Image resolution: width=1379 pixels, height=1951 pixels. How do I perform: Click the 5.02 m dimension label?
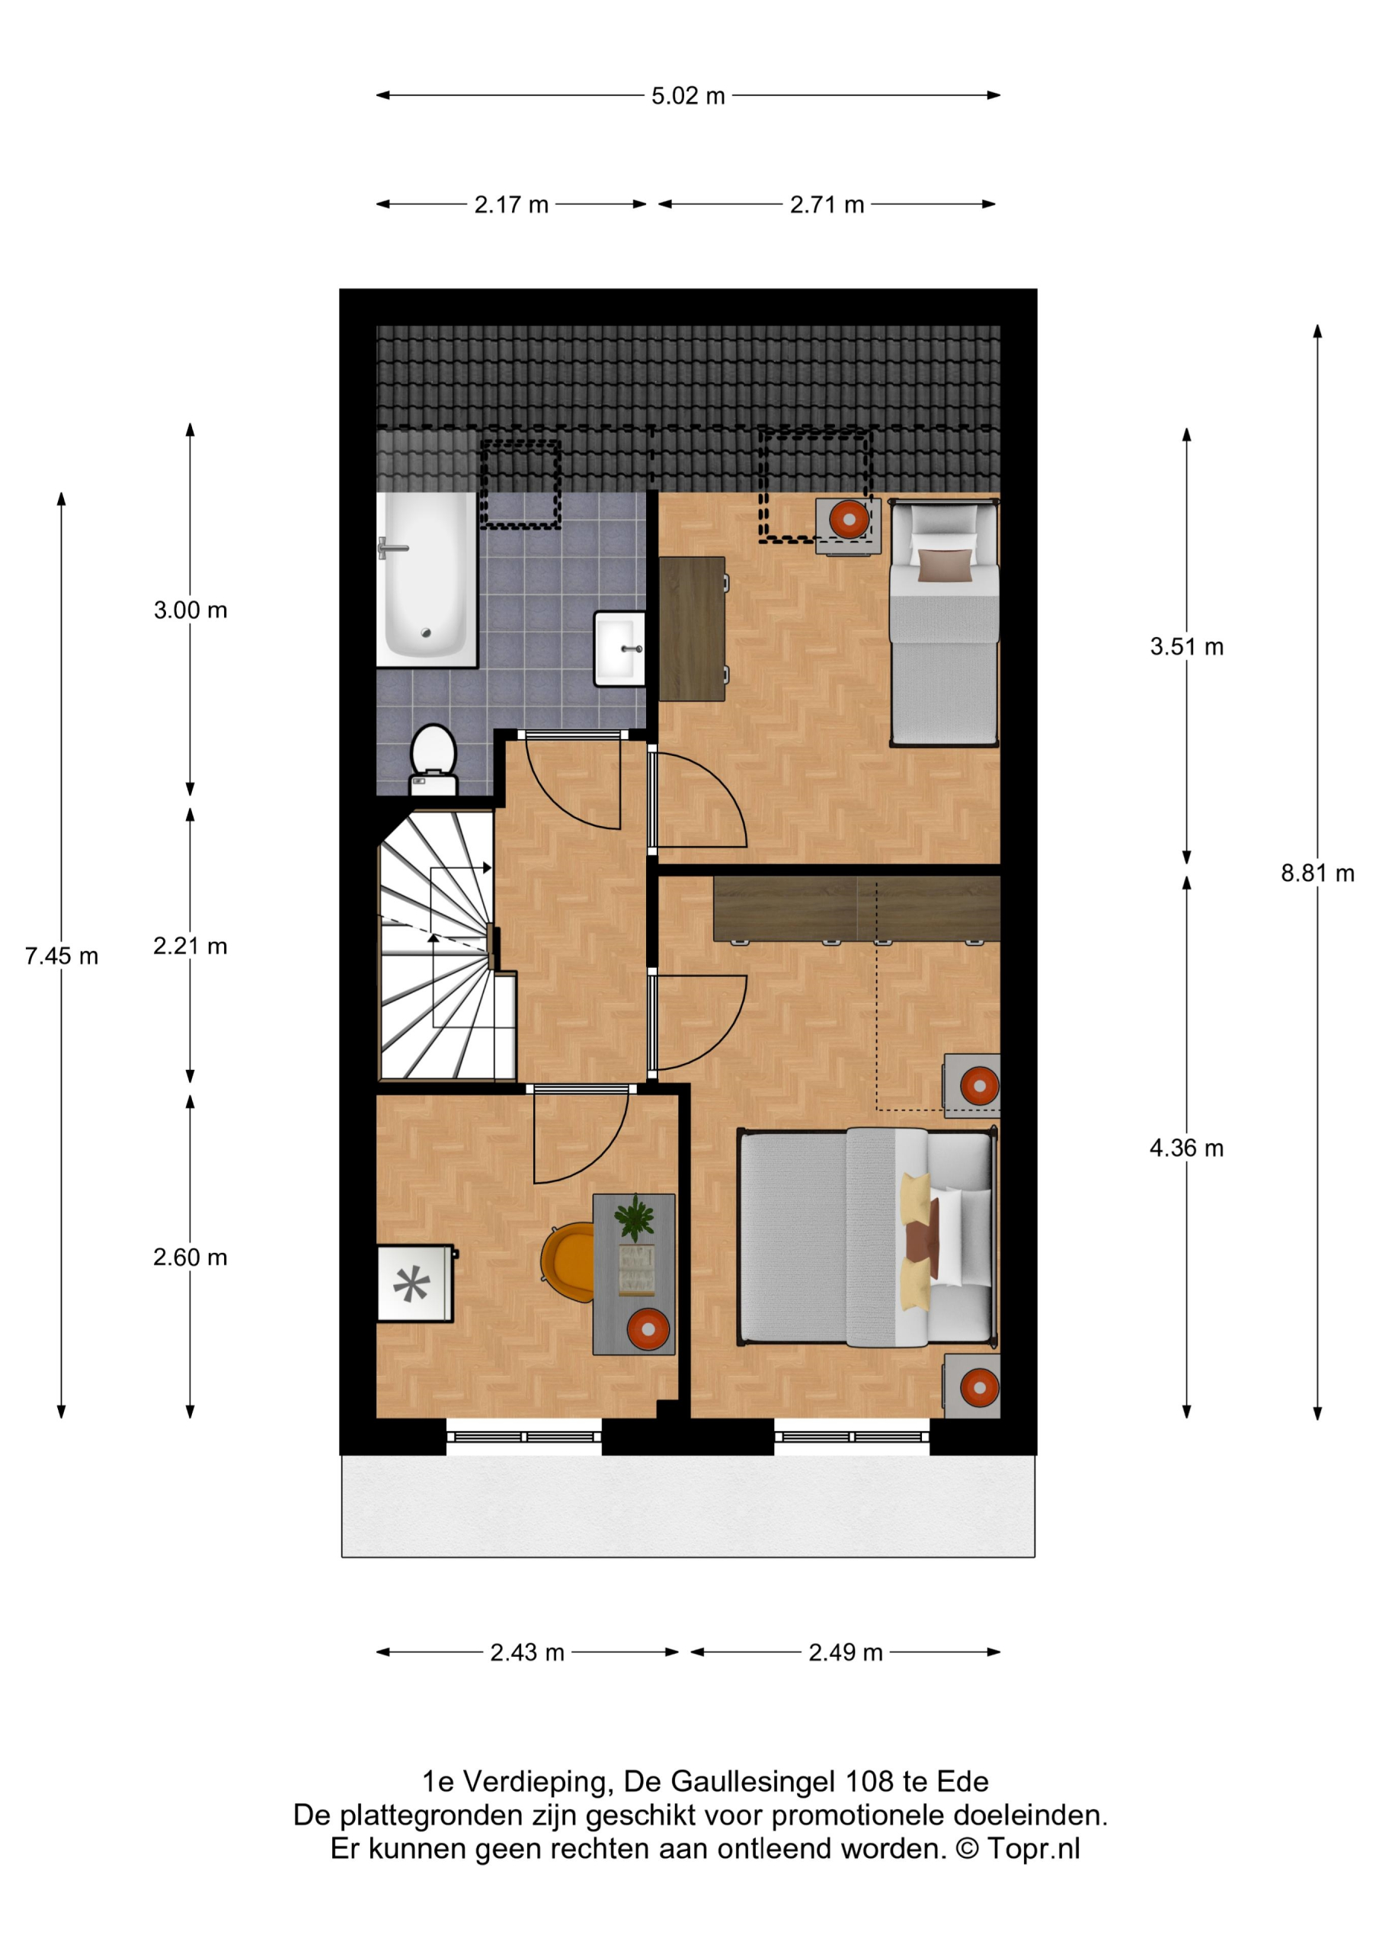coord(688,96)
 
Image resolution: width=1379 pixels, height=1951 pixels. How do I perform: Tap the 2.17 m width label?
coord(511,205)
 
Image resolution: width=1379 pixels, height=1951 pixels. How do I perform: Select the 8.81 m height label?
coord(1317,873)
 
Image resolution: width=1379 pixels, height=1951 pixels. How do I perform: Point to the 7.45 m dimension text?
coord(61,956)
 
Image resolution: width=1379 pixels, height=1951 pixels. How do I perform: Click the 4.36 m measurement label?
coord(1186,1148)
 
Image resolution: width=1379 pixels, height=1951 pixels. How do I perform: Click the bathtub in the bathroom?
coord(427,579)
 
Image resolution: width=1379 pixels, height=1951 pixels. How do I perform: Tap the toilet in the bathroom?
coord(434,760)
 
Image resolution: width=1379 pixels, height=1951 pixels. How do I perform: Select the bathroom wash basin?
coord(619,649)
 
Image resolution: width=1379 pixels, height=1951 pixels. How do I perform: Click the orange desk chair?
coord(568,1262)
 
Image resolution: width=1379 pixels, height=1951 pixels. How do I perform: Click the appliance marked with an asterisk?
coord(415,1283)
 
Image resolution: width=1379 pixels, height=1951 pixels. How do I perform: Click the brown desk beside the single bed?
coord(693,629)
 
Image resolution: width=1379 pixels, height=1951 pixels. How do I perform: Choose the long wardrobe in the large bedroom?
coord(856,909)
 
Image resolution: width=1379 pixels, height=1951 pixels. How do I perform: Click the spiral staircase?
coord(447,946)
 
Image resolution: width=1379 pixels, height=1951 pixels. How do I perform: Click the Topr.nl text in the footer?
coord(1033,1849)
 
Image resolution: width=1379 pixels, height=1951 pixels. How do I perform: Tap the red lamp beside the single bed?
coord(849,518)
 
